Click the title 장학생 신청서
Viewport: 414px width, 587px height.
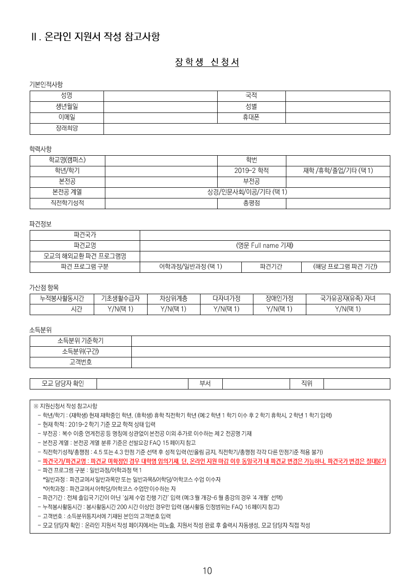coord(207,62)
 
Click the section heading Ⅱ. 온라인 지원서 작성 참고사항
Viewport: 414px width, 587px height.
coord(95,37)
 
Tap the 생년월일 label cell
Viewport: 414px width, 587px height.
coord(66,107)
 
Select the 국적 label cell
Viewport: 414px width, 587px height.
coord(251,96)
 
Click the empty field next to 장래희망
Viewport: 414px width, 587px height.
coord(246,129)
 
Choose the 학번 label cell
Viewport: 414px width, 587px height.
coord(251,160)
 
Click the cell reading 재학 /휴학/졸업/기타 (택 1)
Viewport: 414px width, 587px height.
coord(338,171)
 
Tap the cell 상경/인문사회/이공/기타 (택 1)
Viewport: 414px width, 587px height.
coord(247,192)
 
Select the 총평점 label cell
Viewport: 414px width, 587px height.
coord(251,203)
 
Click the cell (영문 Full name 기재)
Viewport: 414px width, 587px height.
coord(265,246)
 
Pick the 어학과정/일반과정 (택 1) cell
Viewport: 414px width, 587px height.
coord(190,267)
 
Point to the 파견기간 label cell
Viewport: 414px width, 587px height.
coord(271,267)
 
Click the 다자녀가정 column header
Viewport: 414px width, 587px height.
coord(226,299)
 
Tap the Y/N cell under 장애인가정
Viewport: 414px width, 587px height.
coord(279,310)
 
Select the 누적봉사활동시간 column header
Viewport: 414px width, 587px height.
coord(62,299)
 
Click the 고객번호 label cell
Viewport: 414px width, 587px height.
coord(80,363)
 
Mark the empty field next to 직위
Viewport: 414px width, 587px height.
coord(356,384)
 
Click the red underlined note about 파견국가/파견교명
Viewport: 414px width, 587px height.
coord(214,462)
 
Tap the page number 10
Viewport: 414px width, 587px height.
coord(207,571)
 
